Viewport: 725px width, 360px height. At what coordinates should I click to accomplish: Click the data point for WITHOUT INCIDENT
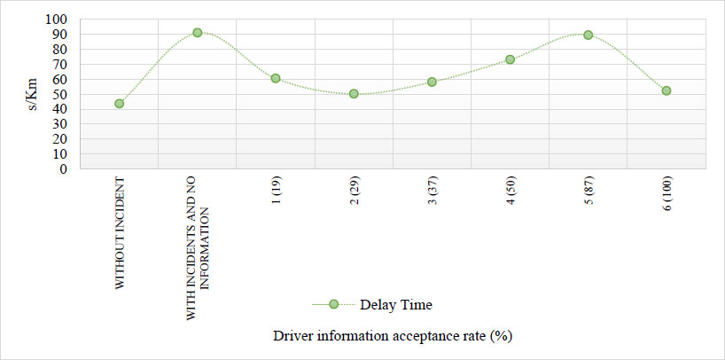click(120, 104)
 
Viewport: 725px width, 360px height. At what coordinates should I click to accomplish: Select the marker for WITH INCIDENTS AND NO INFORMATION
click(198, 33)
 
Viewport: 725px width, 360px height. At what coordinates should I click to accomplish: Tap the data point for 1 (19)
click(276, 78)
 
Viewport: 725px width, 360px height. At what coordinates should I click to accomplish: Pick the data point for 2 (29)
click(354, 94)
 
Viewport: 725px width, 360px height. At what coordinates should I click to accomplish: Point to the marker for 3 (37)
click(432, 82)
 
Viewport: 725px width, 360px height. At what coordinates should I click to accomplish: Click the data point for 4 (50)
click(510, 59)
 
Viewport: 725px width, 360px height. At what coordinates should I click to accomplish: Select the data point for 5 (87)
click(589, 35)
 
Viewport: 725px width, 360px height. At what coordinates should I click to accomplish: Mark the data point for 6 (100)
click(667, 90)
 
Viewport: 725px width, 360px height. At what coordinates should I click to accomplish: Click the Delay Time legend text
click(396, 305)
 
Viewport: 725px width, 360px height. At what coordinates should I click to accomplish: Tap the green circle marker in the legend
click(334, 304)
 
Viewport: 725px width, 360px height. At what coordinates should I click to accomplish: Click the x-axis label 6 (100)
click(667, 194)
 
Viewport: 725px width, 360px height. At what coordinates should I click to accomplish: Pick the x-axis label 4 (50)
click(511, 192)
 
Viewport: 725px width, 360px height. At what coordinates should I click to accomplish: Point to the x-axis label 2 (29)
click(355, 192)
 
